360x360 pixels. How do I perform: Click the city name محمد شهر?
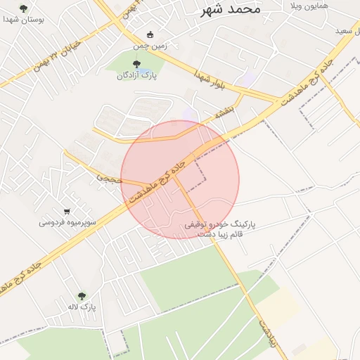pyautogui.click(x=230, y=9)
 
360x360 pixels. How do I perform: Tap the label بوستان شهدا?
pyautogui.click(x=23, y=20)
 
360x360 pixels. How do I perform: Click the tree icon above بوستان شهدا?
pyautogui.click(x=24, y=8)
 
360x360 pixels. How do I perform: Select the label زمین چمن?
pyautogui.click(x=149, y=46)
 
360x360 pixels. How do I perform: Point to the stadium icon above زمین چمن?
pyautogui.click(x=149, y=35)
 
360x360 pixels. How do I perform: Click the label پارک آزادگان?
pyautogui.click(x=136, y=75)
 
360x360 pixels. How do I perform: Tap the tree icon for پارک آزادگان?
pyautogui.click(x=136, y=65)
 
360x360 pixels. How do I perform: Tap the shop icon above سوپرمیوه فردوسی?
pyautogui.click(x=67, y=211)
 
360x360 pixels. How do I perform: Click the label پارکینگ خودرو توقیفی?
pyautogui.click(x=220, y=224)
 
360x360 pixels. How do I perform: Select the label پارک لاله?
pyautogui.click(x=82, y=307)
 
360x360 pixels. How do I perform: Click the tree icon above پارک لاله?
pyautogui.click(x=82, y=297)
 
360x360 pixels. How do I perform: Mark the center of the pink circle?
pyautogui.click(x=180, y=180)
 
